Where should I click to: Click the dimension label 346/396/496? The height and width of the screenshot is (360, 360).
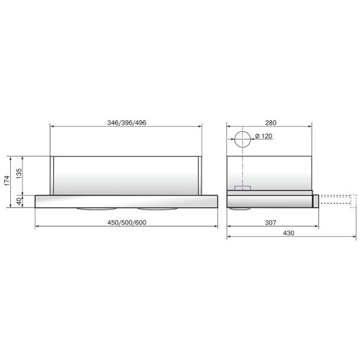[127, 123]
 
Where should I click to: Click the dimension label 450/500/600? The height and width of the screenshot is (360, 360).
[127, 222]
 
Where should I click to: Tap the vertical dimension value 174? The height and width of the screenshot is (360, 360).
[7, 181]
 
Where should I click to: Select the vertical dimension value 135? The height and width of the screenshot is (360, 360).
[19, 174]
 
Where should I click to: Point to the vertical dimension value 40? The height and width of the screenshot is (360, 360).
[19, 202]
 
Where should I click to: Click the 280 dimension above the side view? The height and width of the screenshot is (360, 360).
[271, 123]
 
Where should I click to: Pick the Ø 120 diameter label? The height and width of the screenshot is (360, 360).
[264, 136]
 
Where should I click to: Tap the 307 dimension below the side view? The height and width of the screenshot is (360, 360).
[271, 222]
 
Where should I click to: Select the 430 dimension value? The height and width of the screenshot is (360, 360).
[289, 233]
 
